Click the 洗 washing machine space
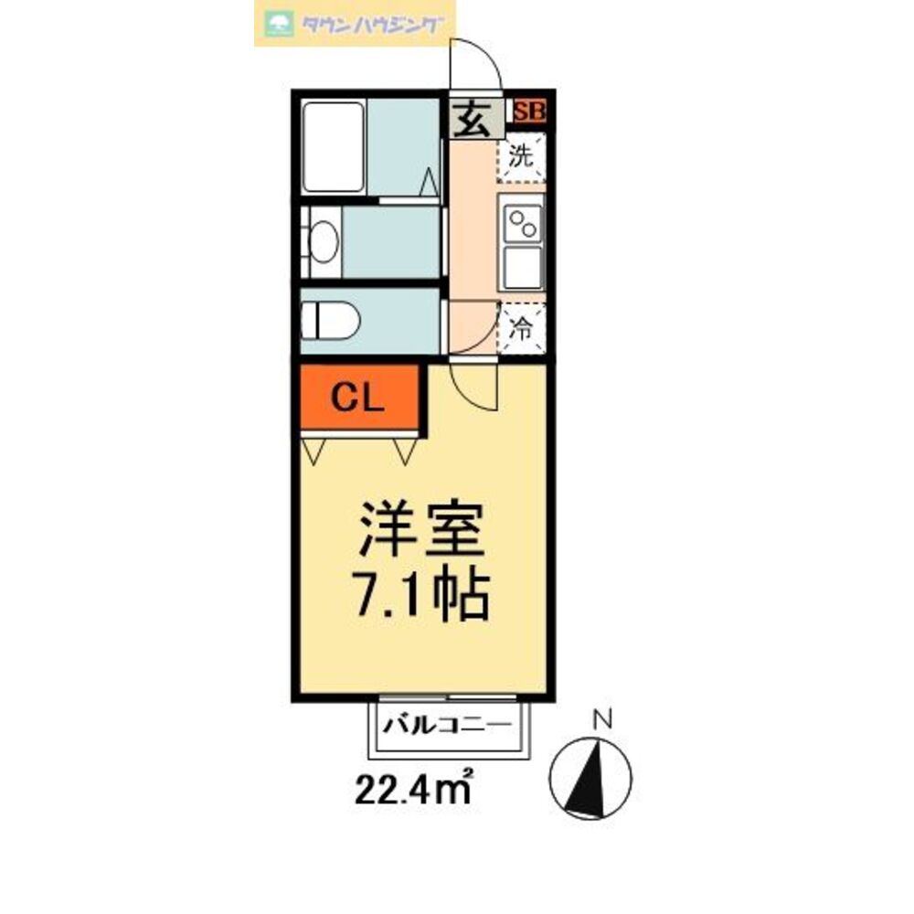(521, 156)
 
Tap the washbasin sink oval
(324, 242)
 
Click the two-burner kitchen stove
(523, 222)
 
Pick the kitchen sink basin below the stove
(523, 266)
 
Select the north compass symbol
(590, 776)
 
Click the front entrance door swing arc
(475, 66)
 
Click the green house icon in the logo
(278, 24)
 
